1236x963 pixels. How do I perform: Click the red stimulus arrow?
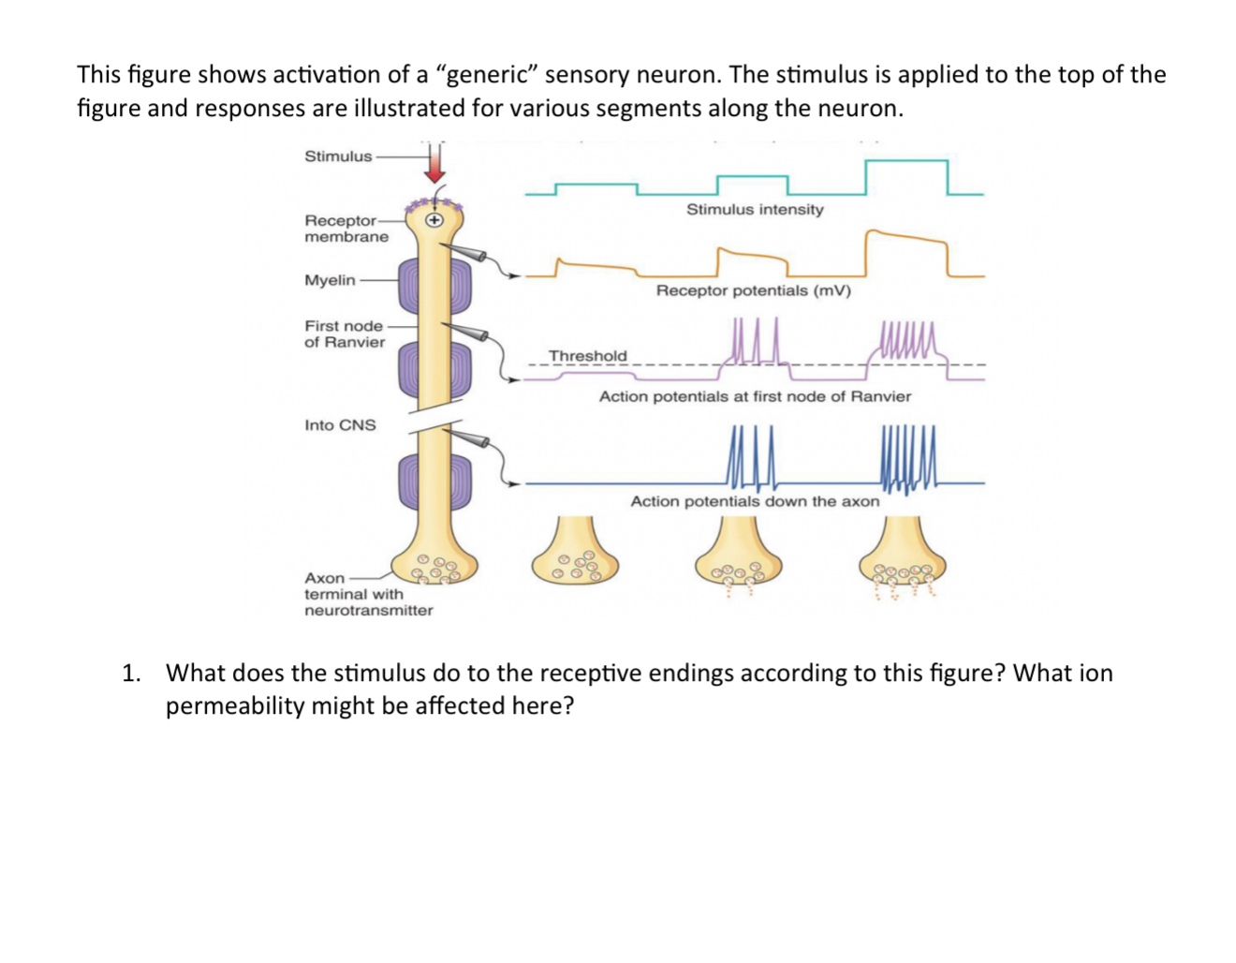coord(434,165)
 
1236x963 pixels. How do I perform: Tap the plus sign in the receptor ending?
coord(434,221)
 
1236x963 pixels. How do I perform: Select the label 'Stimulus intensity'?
coord(755,209)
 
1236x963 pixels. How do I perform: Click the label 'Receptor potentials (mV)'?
coord(754,290)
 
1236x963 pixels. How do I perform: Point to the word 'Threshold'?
coord(588,356)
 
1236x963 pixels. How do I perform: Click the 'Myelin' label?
coord(330,280)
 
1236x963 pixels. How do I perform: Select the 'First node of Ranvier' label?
coord(345,333)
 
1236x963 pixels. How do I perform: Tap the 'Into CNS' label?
coord(340,425)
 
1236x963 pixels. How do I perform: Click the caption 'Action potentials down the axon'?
coord(755,501)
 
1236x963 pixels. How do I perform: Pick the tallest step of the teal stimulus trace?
coord(906,162)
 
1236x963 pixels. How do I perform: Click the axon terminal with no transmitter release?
coord(575,556)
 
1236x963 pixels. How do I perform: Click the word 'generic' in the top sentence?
coord(486,75)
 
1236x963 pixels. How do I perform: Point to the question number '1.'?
coord(131,674)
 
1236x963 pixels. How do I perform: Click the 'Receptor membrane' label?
coord(346,229)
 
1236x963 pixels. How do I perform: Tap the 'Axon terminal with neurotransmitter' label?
coord(368,594)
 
